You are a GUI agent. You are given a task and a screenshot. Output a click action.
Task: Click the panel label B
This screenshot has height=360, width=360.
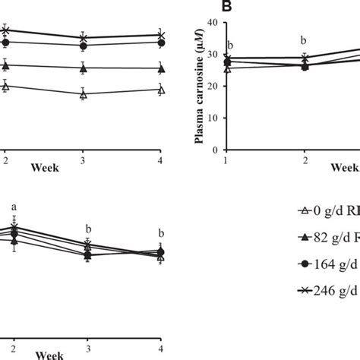tap(226, 7)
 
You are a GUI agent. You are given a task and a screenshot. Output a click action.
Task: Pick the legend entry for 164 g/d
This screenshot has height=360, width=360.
tap(327, 264)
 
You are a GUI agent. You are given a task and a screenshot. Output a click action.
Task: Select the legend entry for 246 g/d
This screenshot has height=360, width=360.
tap(327, 290)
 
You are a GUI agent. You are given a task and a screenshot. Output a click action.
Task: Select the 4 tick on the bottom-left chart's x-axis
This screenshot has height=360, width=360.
tap(161, 347)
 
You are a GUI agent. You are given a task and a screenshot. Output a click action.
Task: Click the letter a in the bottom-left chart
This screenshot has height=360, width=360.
tap(14, 207)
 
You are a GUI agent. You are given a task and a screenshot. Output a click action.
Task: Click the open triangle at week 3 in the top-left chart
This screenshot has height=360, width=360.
tap(84, 95)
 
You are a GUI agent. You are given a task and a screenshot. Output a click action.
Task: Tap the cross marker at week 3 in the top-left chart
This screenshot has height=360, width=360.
tap(84, 37)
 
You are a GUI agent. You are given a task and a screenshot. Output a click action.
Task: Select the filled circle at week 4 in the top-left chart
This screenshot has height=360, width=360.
tap(160, 43)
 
